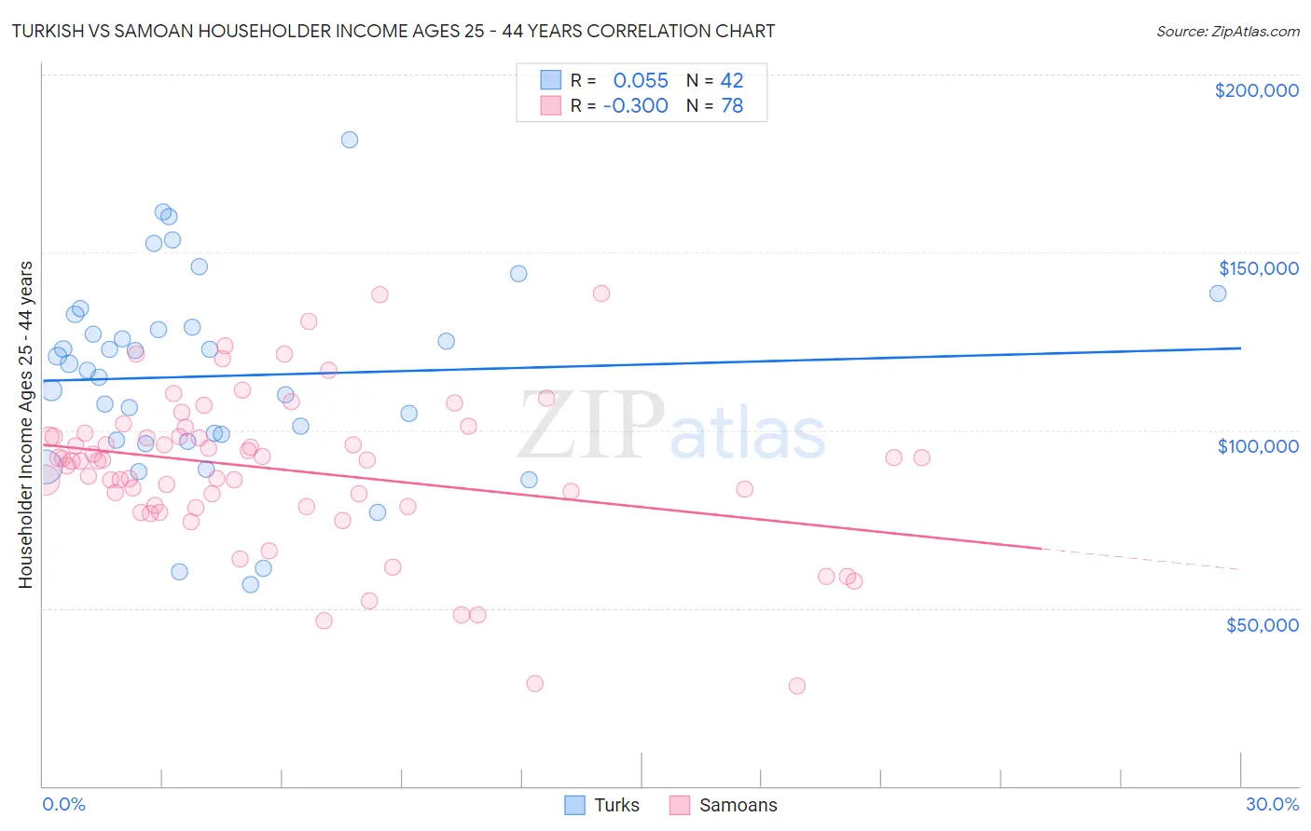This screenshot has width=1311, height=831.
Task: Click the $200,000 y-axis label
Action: [1256, 90]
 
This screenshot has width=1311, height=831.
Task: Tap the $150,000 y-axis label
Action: [1258, 268]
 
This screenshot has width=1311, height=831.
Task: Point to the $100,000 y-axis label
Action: [1258, 446]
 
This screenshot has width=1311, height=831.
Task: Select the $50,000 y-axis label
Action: [1262, 624]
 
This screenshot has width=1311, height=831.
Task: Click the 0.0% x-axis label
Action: [63, 804]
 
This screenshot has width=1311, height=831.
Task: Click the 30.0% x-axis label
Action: [1272, 804]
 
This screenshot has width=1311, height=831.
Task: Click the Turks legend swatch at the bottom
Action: [574, 805]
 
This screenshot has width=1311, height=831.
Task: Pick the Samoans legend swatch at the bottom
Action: [679, 805]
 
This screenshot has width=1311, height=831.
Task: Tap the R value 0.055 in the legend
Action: [641, 80]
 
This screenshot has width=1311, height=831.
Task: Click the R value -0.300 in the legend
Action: [635, 105]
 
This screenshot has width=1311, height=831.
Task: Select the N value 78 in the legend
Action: [732, 105]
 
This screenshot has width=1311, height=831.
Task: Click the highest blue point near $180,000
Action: [350, 140]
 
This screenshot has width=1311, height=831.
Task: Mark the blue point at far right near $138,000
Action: [1218, 293]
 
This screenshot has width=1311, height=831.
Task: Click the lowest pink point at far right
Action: [797, 686]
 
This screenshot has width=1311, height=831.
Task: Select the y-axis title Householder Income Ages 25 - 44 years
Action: [25, 424]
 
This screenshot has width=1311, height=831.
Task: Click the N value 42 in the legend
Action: [732, 80]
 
